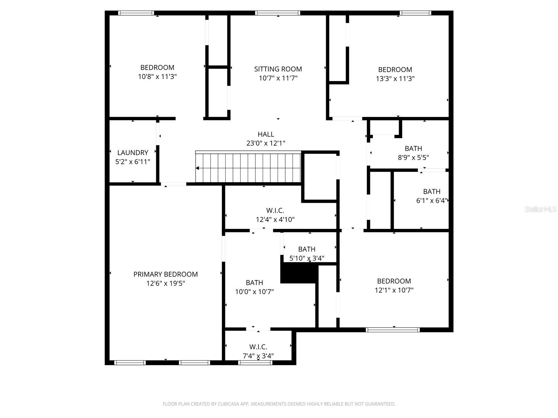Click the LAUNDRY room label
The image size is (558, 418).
pyautogui.click(x=133, y=153)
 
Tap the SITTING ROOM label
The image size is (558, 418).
pyautogui.click(x=278, y=69)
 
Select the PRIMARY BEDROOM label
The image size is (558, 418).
pyautogui.click(x=165, y=274)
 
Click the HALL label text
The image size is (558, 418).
pyautogui.click(x=266, y=134)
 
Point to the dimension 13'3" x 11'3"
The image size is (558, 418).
pyautogui.click(x=395, y=79)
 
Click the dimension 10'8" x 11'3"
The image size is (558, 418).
pyautogui.click(x=157, y=77)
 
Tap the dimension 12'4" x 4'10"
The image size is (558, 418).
pyautogui.click(x=275, y=219)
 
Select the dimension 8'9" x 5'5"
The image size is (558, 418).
pyautogui.click(x=413, y=157)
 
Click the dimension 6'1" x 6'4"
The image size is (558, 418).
pyautogui.click(x=431, y=201)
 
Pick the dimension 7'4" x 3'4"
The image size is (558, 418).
pyautogui.click(x=258, y=356)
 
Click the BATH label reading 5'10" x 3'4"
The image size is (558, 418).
pyautogui.click(x=307, y=249)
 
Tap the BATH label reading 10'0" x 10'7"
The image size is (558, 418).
pyautogui.click(x=254, y=282)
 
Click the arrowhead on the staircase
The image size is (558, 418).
pyautogui.click(x=197, y=168)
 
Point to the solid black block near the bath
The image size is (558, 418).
pyautogui.click(x=296, y=274)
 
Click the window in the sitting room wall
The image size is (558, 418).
pyautogui.click(x=278, y=13)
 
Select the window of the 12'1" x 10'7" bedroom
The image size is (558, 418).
pyautogui.click(x=392, y=330)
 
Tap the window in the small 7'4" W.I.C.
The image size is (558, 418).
pyautogui.click(x=255, y=363)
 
